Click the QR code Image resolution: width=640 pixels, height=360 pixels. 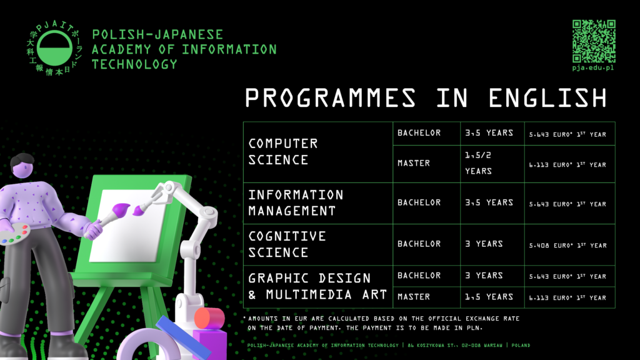pos(594,41)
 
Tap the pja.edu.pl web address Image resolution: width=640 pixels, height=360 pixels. pos(593,67)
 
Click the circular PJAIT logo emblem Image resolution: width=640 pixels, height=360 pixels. pos(54,49)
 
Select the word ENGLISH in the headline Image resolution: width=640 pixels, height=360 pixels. pos(547,98)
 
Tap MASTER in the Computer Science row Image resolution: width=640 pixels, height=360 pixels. pos(414,163)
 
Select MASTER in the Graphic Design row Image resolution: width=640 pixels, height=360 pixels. pos(414,297)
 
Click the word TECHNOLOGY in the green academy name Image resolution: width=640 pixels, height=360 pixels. pos(135,64)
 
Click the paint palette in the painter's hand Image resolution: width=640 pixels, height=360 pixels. pos(14,234)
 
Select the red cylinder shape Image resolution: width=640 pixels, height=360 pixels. pos(209,319)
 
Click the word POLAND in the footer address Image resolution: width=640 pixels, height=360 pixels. pos(521,345)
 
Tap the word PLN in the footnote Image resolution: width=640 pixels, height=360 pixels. pos(475,327)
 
